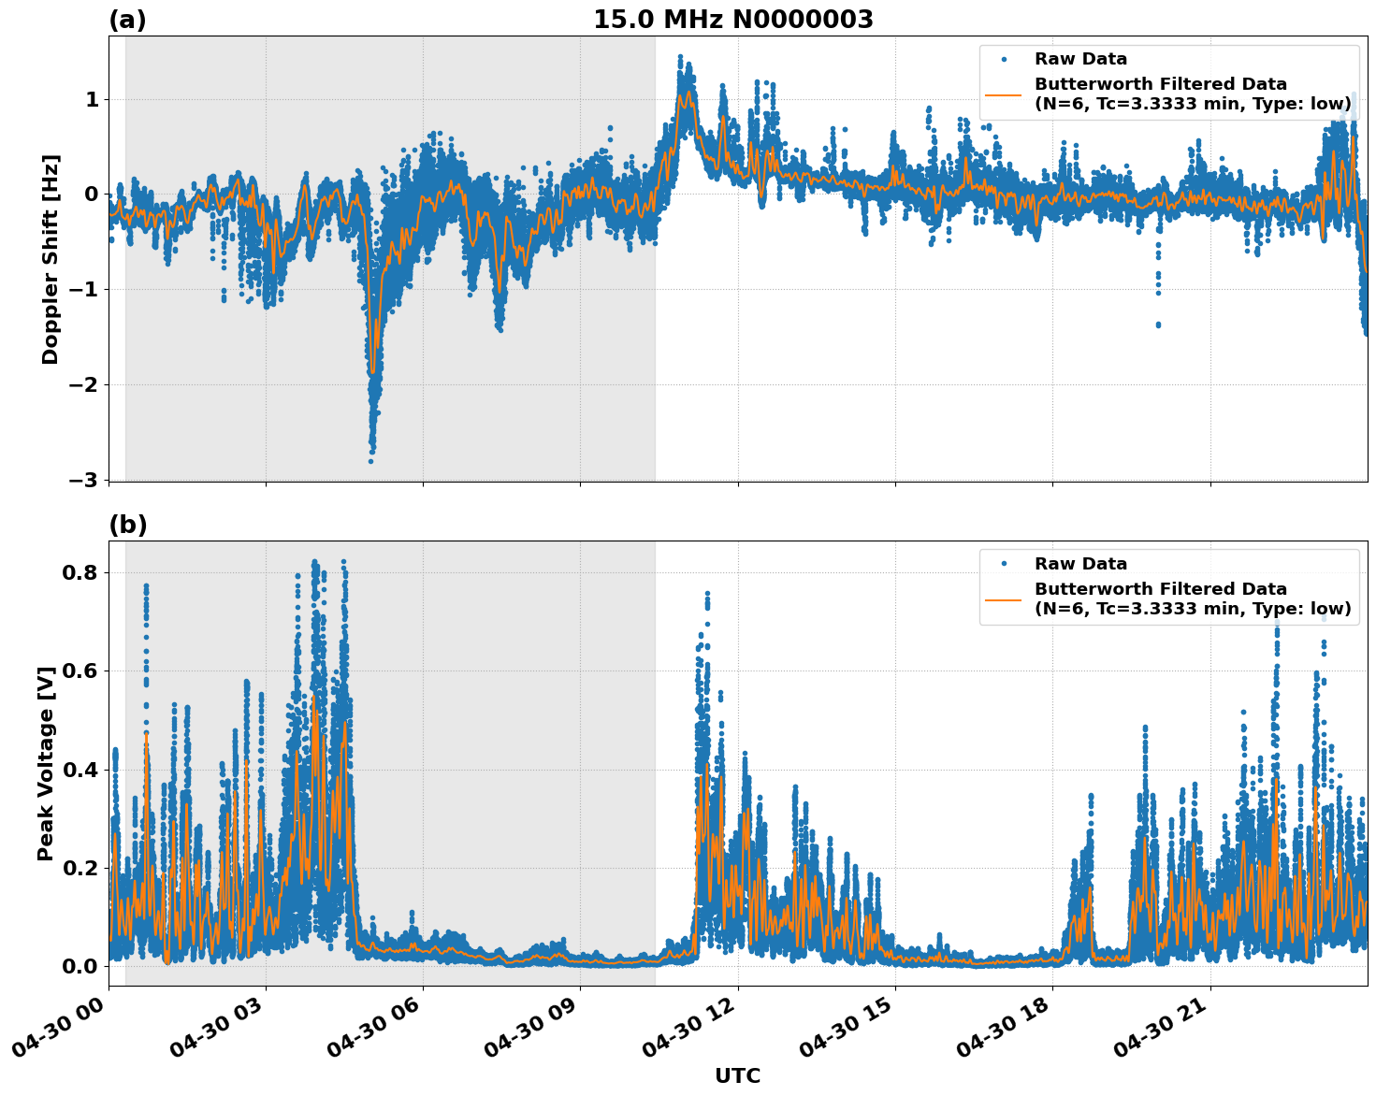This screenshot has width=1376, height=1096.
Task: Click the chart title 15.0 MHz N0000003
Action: pos(732,20)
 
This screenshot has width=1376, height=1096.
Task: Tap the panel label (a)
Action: pos(127,20)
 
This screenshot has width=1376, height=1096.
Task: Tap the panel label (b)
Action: pos(127,525)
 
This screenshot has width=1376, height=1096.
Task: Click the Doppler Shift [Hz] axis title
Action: pos(51,259)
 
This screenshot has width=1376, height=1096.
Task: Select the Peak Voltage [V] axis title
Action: pos(46,763)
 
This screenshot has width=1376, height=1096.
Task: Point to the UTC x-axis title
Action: pos(737,1075)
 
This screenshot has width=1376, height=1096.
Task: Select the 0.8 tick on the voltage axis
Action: pos(81,572)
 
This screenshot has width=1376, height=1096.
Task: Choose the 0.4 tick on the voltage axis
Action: pos(81,770)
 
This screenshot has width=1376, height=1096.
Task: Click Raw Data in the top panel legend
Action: pos(1080,59)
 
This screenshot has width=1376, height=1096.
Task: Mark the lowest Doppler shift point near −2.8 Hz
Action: pos(370,461)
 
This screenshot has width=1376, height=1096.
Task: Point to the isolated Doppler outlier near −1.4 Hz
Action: pos(1158,324)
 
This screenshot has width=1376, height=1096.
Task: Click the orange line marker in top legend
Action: pos(1003,94)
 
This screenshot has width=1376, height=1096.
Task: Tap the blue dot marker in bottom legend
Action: pos(1003,564)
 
